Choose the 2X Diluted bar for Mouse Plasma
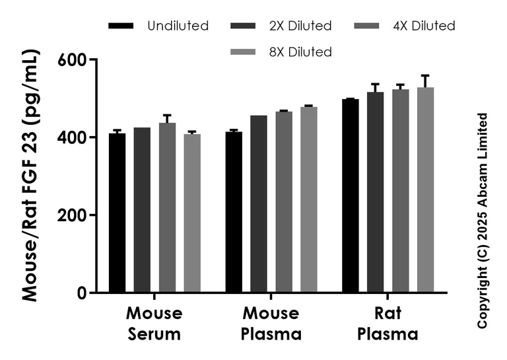pos(259,204)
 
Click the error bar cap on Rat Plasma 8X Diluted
pos(425,75)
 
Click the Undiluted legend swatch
pos(121,26)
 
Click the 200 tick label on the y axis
pos(74,215)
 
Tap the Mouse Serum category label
pos(154,323)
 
